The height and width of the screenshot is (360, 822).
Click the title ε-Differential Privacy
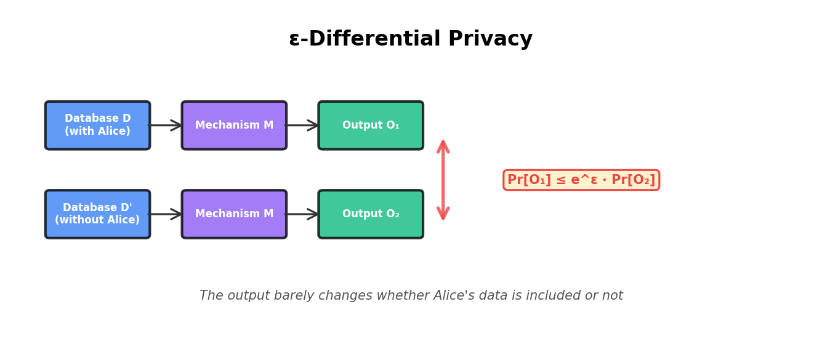411,39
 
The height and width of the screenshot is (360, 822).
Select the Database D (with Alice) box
97,126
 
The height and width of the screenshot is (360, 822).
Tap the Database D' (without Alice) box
97,214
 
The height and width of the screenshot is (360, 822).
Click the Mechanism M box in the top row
234,126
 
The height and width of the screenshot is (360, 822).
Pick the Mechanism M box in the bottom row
234,214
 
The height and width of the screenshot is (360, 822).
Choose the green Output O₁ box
371,126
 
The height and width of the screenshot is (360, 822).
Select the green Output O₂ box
371,214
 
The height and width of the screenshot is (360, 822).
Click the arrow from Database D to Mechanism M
166,126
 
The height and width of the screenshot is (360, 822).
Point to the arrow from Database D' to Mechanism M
166,214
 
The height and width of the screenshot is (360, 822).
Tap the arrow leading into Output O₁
302,126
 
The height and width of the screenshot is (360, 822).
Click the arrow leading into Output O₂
302,214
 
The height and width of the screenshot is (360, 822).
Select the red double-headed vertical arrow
443,180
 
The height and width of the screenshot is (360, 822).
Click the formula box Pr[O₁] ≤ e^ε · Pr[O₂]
581,180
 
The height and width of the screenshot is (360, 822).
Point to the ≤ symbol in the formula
560,180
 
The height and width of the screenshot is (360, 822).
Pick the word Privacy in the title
490,39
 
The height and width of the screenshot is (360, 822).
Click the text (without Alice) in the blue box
97,220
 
